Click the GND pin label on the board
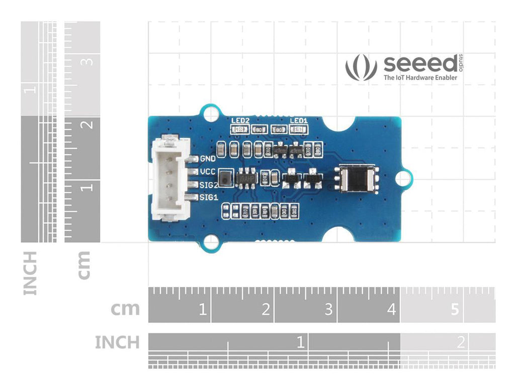click(x=208, y=159)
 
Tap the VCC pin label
click(x=208, y=172)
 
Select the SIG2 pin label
click(x=208, y=184)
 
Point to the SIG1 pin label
click(x=208, y=198)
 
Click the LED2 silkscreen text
click(x=240, y=121)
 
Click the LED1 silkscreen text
click(x=299, y=121)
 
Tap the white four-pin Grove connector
click(x=170, y=179)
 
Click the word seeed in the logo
click(x=420, y=64)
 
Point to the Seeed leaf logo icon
click(x=361, y=68)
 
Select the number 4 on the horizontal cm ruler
click(x=391, y=309)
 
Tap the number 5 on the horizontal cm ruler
click(x=454, y=309)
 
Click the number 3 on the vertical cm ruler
click(x=88, y=62)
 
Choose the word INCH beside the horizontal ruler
click(x=117, y=343)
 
